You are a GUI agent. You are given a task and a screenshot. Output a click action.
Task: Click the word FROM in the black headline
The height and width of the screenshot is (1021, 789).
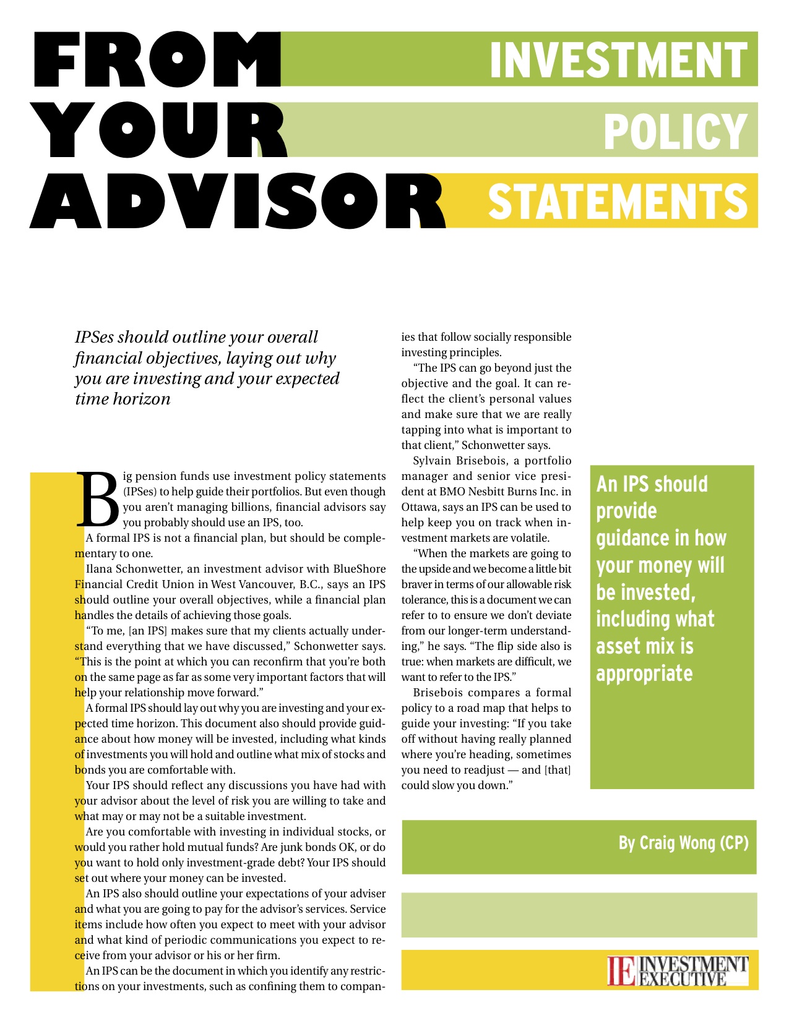(x=155, y=61)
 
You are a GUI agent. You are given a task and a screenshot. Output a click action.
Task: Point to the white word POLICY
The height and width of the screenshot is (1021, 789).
(x=675, y=131)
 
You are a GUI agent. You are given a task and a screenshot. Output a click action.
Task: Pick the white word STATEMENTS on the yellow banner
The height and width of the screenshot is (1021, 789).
(x=618, y=201)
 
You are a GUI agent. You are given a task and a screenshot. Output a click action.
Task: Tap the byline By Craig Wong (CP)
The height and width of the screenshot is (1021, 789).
(x=683, y=843)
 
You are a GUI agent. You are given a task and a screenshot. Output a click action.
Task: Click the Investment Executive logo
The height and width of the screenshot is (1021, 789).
(x=678, y=970)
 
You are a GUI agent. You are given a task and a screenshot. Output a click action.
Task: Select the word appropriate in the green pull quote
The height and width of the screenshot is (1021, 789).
(x=644, y=673)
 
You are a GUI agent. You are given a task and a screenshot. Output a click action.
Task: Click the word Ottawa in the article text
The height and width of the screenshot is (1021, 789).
(x=421, y=507)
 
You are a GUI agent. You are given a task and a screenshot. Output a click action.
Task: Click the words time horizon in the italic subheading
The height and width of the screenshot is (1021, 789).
(x=123, y=399)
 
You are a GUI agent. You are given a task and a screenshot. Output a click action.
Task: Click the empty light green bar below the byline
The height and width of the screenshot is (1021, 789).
(x=579, y=915)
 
